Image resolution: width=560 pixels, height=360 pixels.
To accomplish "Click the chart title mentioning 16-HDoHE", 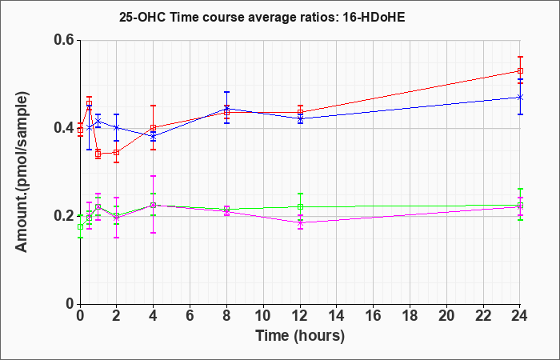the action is pos(262,17).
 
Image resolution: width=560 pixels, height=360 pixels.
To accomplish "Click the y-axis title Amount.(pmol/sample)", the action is pos(22,172).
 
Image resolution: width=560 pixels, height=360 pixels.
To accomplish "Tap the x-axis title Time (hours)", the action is pos(300,336).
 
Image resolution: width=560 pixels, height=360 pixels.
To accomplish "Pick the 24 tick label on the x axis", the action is pos(519,316).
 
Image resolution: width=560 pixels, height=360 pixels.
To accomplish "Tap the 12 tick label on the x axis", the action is pos(300,316).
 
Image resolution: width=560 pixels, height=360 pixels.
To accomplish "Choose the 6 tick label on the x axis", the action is pos(190,316).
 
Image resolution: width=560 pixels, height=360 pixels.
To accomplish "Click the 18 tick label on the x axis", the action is pos(410,316).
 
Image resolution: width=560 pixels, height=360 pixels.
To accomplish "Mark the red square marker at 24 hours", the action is pos(520,70).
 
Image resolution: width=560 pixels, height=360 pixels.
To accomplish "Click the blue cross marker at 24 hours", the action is pos(520,97).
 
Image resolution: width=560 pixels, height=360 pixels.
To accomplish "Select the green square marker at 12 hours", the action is pos(300,206).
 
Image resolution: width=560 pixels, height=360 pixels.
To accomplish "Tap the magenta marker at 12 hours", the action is pos(300,223).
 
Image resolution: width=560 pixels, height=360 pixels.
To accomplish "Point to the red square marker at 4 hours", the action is pos(154,127).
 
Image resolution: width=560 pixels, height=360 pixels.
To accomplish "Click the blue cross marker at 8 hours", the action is pos(226,109).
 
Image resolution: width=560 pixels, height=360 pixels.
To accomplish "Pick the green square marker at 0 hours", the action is pos(80,226).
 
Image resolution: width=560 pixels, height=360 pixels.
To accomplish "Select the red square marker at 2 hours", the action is pos(116,152).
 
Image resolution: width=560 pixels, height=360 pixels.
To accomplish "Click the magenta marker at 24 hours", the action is pos(520,206).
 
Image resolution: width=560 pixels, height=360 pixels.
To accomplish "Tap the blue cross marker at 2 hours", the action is pos(116,127).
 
